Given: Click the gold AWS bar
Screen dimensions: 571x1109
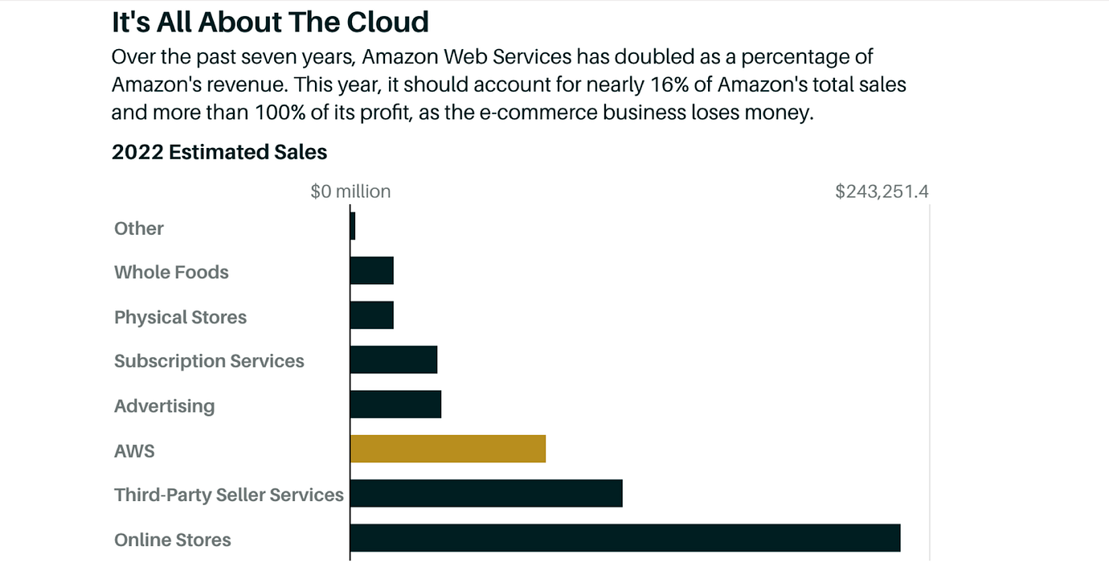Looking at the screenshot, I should coord(448,449).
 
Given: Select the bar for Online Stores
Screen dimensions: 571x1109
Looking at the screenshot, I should coord(625,538).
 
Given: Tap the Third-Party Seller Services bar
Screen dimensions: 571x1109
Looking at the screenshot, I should coord(486,493).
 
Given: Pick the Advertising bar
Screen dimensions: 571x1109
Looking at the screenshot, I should coord(395,405).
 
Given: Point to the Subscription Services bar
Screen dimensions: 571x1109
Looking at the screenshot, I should coord(394,359).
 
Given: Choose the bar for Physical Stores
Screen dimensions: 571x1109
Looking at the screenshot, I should coord(372,315).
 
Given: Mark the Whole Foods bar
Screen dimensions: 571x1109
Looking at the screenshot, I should coord(372,271).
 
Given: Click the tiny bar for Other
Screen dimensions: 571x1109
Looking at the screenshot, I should coord(353,226).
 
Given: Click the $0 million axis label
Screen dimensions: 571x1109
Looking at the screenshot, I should coord(350,191).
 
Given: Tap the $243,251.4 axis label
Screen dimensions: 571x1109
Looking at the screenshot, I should coord(882,191).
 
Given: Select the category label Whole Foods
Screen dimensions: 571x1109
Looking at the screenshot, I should coord(171,273).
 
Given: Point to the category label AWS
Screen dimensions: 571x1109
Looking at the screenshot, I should coord(134,450).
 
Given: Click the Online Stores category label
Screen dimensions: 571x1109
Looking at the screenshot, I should coord(173,540).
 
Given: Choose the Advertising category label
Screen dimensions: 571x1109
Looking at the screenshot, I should coord(164,406).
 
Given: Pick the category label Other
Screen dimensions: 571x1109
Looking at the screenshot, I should coord(139,228).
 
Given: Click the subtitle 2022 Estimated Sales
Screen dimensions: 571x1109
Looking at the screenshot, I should coord(219,152).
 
